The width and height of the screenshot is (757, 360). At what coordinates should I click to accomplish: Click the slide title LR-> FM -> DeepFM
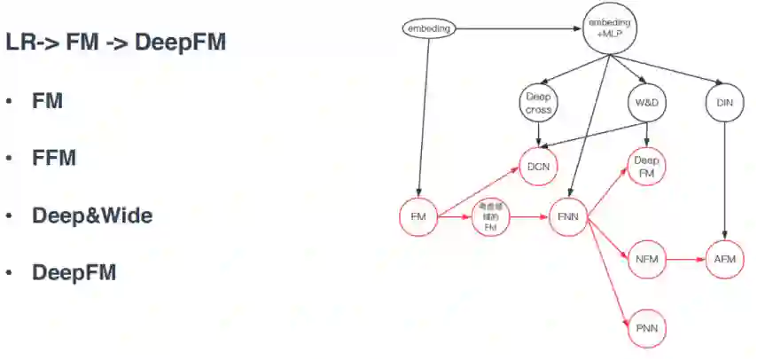[x=115, y=43]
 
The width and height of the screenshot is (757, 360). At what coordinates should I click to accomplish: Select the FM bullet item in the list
[x=48, y=101]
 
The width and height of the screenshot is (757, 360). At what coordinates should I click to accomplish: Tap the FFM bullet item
[x=54, y=158]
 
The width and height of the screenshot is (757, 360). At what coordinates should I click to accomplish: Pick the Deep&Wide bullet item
[x=92, y=215]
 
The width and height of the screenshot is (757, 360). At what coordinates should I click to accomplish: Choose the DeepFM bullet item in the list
[x=74, y=272]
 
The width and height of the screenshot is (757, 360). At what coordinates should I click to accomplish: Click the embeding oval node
[x=428, y=28]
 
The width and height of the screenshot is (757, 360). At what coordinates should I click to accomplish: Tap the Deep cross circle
[x=538, y=104]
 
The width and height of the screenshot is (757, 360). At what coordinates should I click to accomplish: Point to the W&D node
[x=648, y=104]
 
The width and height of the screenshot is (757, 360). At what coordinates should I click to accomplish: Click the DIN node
[x=724, y=104]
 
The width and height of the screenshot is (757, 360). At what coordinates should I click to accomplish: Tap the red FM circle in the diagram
[x=419, y=217]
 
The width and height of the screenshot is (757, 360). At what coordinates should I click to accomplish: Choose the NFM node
[x=645, y=259]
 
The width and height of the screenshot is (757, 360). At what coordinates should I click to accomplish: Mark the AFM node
[x=724, y=259]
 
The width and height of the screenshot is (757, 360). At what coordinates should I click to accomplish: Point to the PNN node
[x=645, y=329]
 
